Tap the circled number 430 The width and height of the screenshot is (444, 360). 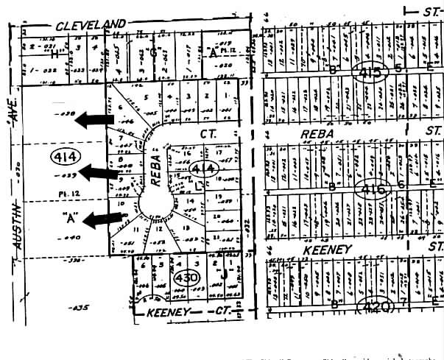point(186,277)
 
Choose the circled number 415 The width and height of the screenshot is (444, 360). point(366,71)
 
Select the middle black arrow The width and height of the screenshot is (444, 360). point(100,172)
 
